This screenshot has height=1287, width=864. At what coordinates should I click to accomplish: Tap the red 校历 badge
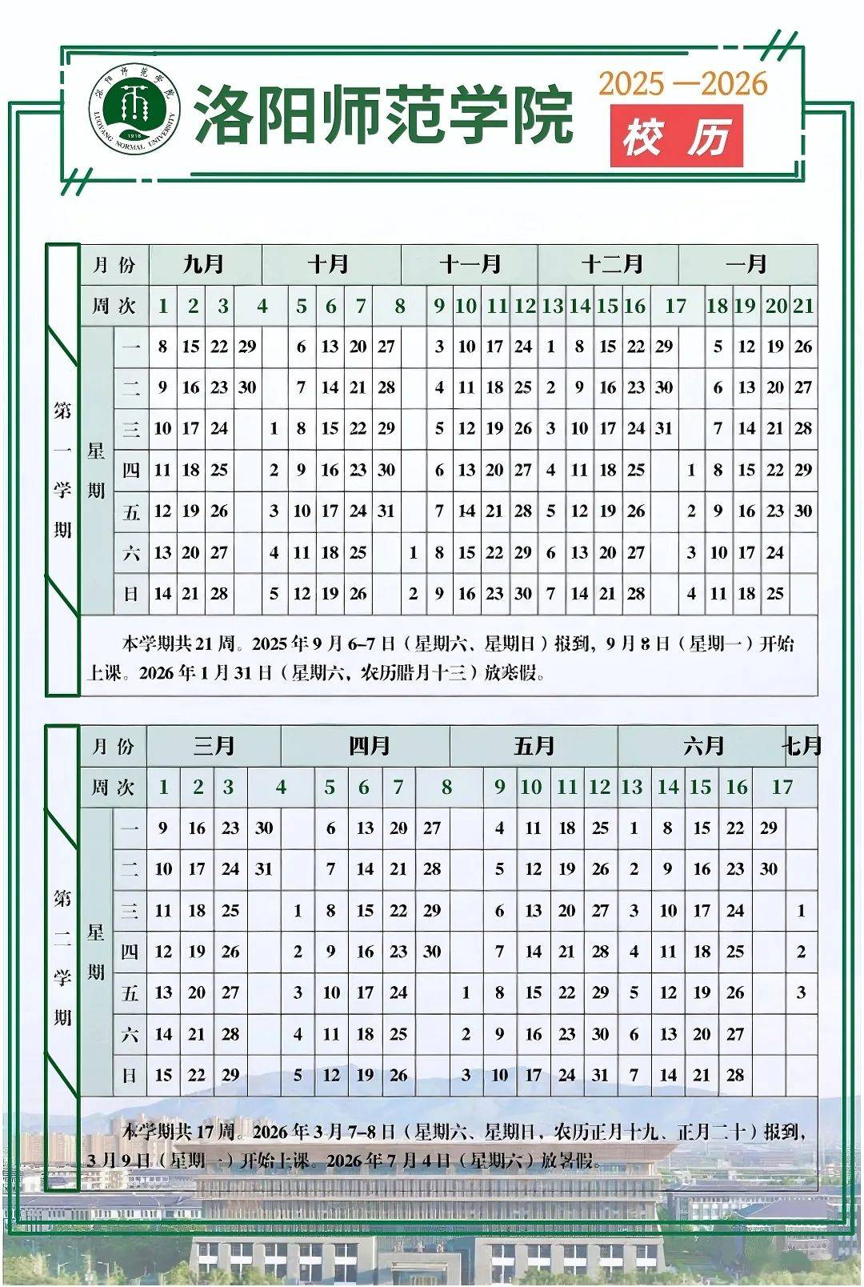pyautogui.click(x=676, y=137)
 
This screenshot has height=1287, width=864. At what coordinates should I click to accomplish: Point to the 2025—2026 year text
pyautogui.click(x=683, y=83)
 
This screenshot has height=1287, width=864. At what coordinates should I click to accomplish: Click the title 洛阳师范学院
pyautogui.click(x=384, y=114)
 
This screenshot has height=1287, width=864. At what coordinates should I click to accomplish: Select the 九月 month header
pyautogui.click(x=203, y=264)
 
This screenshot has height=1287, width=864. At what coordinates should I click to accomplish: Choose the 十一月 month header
pyautogui.click(x=470, y=264)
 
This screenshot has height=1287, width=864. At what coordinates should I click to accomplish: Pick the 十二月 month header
pyautogui.click(x=611, y=264)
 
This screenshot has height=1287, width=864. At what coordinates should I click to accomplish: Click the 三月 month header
pyautogui.click(x=214, y=746)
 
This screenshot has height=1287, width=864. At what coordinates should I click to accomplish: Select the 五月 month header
pyautogui.click(x=534, y=746)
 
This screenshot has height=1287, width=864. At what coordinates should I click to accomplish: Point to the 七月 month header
pyautogui.click(x=802, y=746)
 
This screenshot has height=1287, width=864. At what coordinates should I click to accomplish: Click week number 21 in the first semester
pyautogui.click(x=803, y=306)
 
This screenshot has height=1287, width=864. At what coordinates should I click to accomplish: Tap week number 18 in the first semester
pyautogui.click(x=717, y=306)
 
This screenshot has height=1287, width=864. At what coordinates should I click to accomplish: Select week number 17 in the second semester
pyautogui.click(x=782, y=787)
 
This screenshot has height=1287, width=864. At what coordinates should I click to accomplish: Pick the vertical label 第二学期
pyautogui.click(x=62, y=958)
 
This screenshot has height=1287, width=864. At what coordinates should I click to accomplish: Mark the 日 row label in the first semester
pyautogui.click(x=131, y=594)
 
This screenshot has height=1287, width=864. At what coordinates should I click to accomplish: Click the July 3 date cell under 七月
pyautogui.click(x=802, y=992)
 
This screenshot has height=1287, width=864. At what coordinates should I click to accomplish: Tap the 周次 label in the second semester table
pyautogui.click(x=113, y=787)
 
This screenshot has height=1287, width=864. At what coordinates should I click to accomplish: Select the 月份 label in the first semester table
pyautogui.click(x=114, y=265)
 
